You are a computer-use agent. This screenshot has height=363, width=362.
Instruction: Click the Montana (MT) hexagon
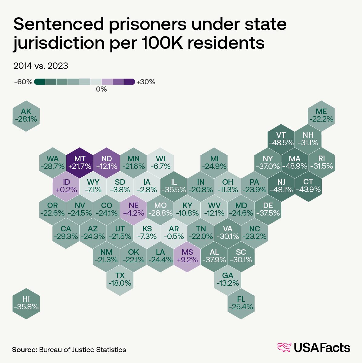[x=80, y=163]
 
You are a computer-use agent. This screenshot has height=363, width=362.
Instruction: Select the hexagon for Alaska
[x=26, y=116]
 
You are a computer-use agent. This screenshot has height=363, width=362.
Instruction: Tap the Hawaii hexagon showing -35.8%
[x=26, y=303]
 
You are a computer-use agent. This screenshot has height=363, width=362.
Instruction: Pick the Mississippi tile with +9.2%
[x=187, y=256]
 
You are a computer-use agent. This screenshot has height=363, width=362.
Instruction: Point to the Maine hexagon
[x=321, y=116]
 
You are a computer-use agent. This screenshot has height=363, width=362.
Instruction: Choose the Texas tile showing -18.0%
[x=120, y=280]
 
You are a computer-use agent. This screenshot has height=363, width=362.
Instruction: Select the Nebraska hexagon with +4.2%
[x=133, y=209]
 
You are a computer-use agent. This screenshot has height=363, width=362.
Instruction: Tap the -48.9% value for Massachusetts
[x=295, y=166]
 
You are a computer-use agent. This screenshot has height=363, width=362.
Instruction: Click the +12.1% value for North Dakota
[x=107, y=166]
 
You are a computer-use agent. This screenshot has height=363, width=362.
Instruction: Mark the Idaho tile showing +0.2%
[x=66, y=186]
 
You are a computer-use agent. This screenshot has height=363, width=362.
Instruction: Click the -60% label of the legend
[x=23, y=82]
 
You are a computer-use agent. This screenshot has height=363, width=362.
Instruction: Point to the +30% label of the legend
[x=146, y=82]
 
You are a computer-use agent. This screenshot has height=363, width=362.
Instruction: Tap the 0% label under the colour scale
[x=101, y=89]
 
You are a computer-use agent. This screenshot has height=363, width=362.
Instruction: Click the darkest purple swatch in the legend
[x=130, y=82]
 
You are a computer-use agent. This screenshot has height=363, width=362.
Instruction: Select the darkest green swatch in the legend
[x=40, y=82]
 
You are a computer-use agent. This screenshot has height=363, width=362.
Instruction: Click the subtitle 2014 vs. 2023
[x=41, y=66]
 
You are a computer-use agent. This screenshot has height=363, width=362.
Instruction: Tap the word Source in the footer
[x=24, y=350]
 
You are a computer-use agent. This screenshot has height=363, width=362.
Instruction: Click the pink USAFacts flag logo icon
[x=284, y=348]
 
